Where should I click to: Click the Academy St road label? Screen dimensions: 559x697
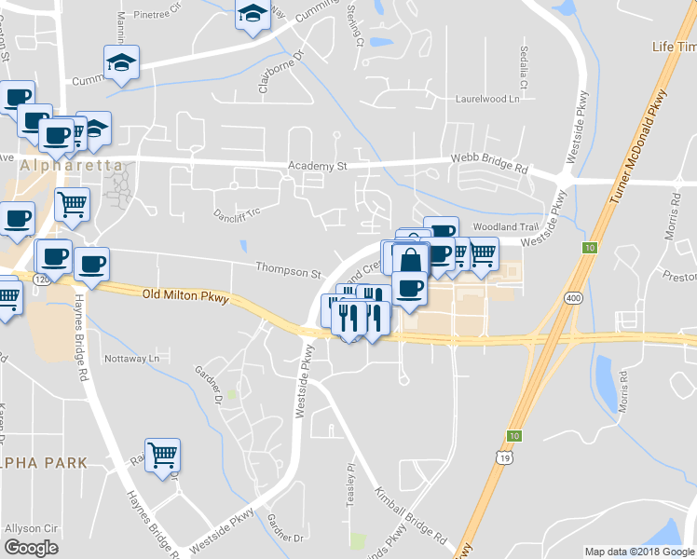[317, 166]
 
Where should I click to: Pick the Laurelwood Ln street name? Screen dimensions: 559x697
[486, 98]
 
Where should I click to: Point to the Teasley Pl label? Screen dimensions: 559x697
[352, 481]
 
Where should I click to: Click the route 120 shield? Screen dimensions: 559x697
[41, 279]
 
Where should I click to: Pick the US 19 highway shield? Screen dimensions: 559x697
[503, 457]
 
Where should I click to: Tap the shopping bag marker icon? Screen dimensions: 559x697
[410, 258]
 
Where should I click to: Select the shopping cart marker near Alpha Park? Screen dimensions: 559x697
[163, 455]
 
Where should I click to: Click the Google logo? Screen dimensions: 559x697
[31, 548]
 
